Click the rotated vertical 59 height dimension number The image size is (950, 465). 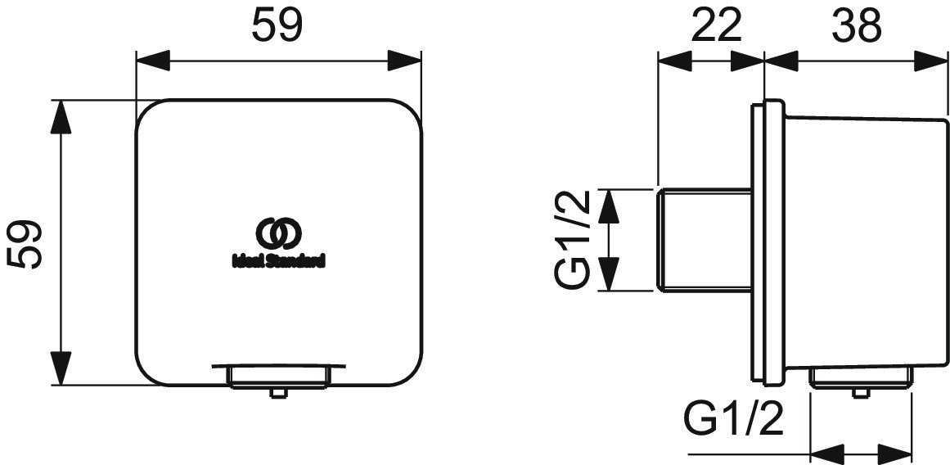tap(25, 244)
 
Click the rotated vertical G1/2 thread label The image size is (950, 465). tap(571, 240)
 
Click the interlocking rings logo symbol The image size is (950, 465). tap(278, 232)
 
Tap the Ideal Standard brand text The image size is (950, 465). tap(279, 260)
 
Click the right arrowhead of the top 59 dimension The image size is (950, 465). tap(404, 61)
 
